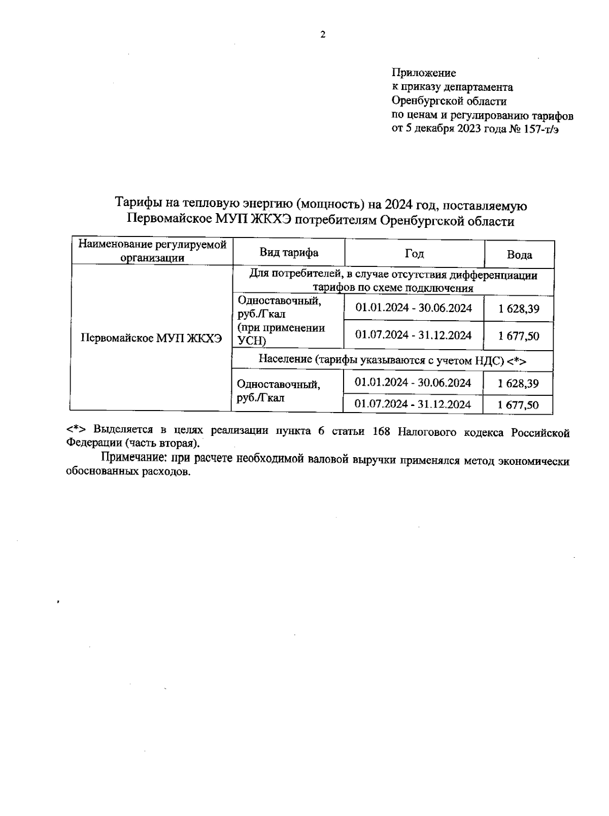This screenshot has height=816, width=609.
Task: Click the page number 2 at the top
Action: click(323, 35)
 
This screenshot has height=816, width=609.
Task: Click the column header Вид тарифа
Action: click(289, 253)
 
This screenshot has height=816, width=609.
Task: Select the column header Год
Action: click(414, 253)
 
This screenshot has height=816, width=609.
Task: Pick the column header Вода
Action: click(519, 254)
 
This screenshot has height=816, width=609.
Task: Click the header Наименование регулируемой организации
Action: click(152, 251)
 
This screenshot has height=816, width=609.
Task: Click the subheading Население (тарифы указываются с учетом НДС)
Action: click(392, 360)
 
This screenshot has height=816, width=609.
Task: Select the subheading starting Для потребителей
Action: click(393, 281)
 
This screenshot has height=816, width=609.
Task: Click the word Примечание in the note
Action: click(133, 459)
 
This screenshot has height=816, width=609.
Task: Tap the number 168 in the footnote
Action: click(381, 432)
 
